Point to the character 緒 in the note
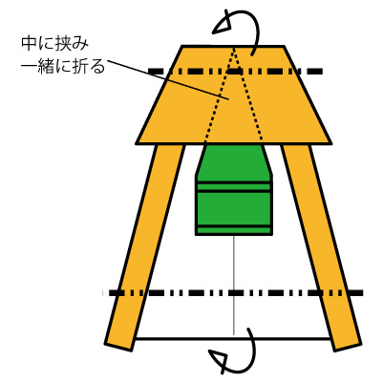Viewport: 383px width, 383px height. coord(46,66)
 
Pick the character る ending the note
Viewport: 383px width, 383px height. coord(96,66)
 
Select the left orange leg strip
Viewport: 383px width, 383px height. coord(145,247)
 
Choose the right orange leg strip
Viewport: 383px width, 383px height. coord(321,247)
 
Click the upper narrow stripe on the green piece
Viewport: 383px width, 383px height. coord(234,187)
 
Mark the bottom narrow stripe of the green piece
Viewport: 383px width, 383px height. coord(234,230)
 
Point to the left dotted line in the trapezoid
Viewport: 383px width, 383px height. coord(219,95)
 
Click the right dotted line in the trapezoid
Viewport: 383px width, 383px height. coord(248,95)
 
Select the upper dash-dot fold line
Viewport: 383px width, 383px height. coord(236,72)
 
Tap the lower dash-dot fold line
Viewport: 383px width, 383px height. coord(236,292)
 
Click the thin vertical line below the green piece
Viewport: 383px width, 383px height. coord(234,285)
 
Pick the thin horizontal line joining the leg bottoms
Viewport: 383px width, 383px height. coord(233,338)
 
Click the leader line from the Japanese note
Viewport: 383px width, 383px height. coord(168,79)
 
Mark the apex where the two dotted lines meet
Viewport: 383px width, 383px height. coord(234,47)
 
